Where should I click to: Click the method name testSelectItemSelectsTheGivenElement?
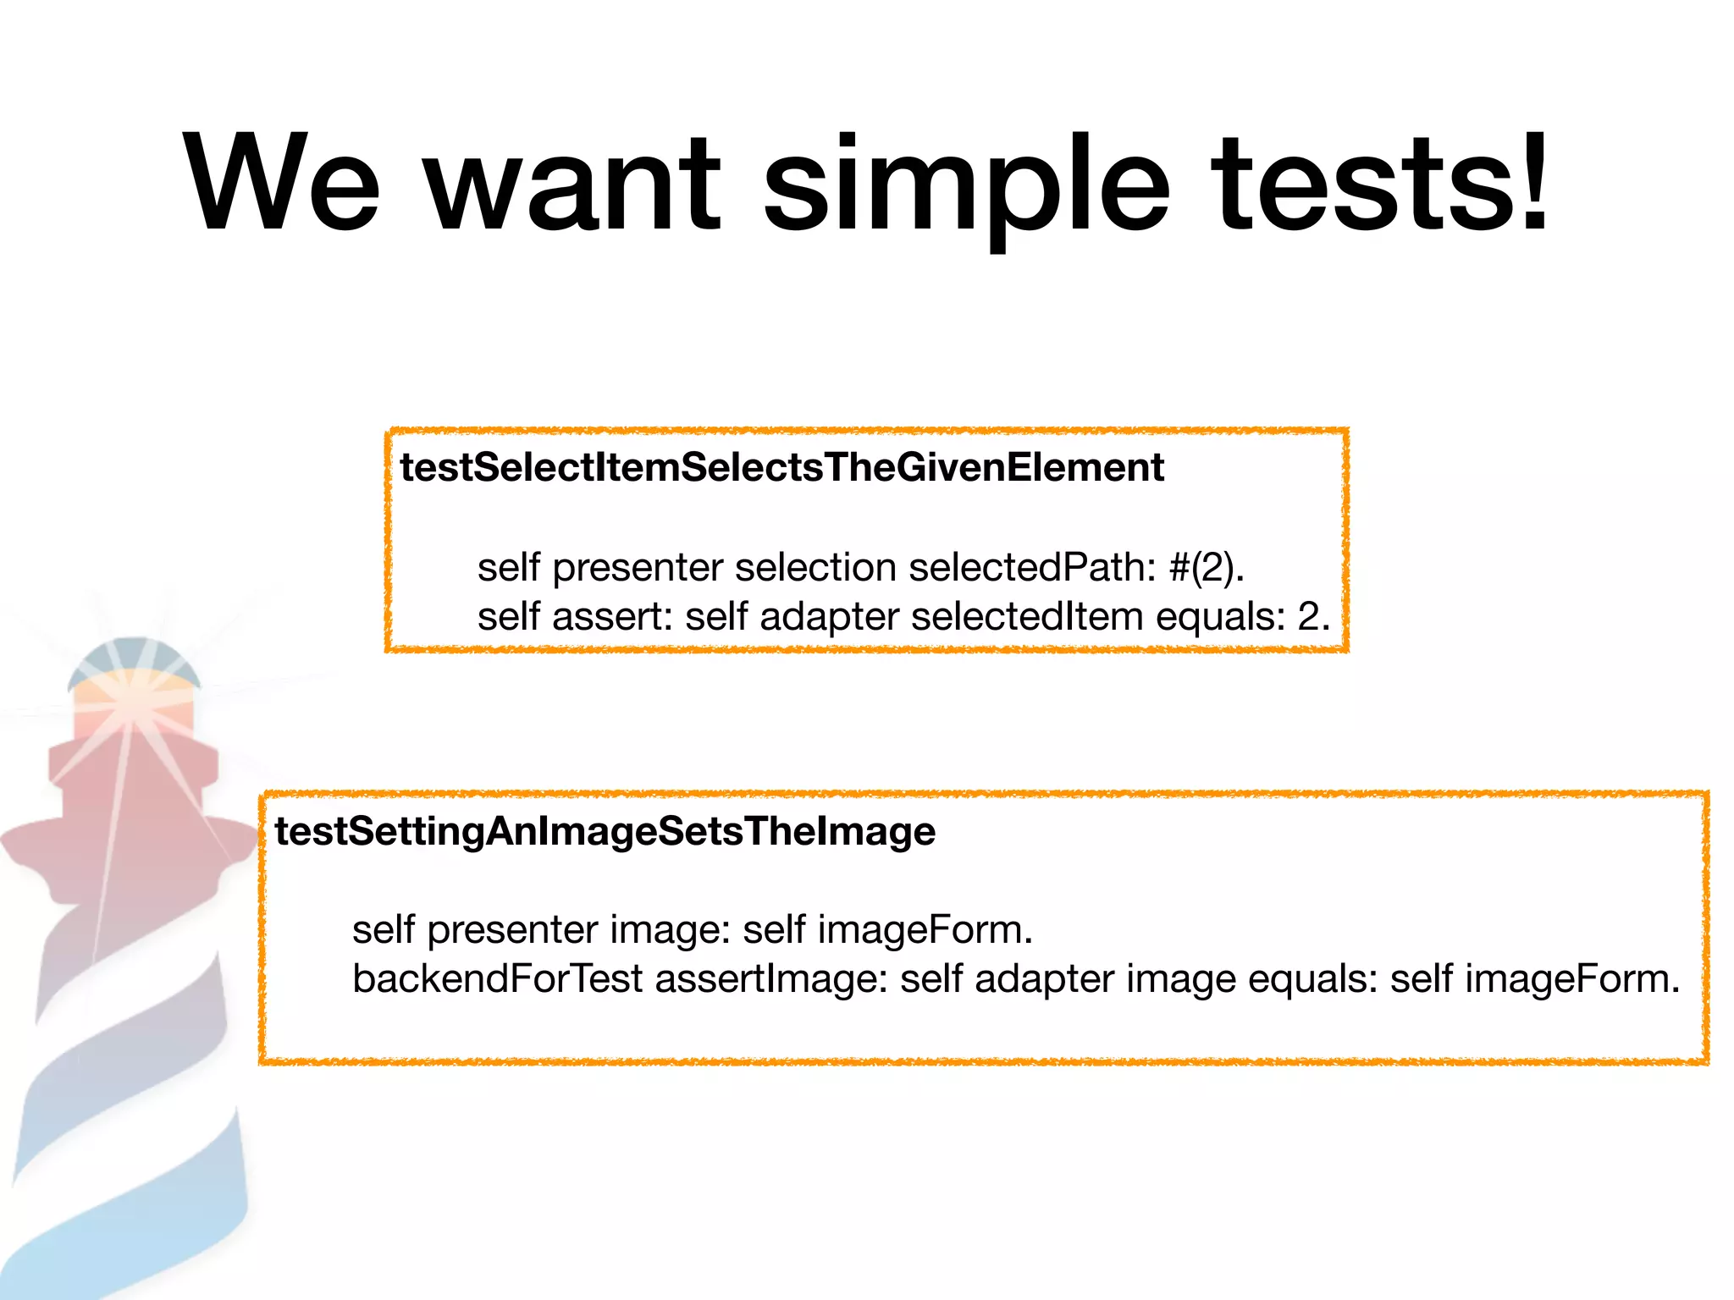pos(781,467)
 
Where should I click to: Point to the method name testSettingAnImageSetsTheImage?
pos(605,831)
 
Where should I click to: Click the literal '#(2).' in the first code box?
pos(1207,567)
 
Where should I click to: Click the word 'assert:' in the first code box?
pos(612,616)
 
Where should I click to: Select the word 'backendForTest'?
pos(498,979)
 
